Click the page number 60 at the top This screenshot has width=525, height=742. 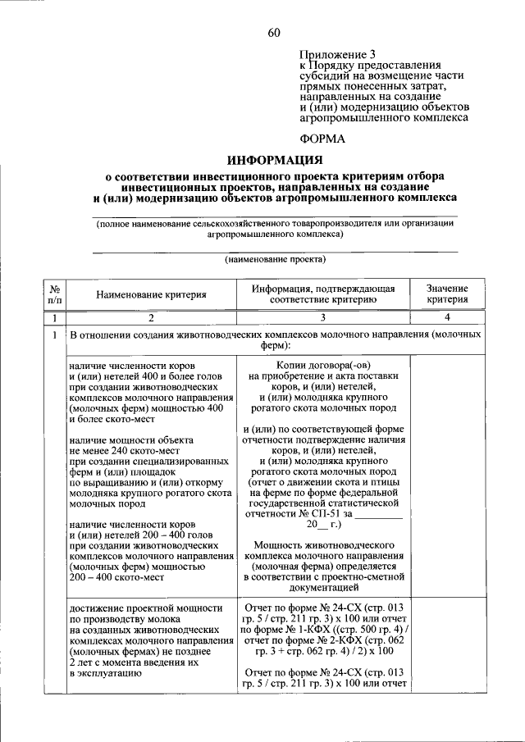click(x=274, y=32)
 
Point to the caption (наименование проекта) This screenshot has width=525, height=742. click(x=275, y=259)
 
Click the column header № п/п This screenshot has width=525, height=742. click(x=53, y=294)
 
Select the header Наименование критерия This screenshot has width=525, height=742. click(x=149, y=294)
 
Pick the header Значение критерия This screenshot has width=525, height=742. click(x=447, y=294)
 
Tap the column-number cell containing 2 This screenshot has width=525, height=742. click(x=150, y=317)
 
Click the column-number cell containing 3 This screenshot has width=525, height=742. click(x=322, y=317)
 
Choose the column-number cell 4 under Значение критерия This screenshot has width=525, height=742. click(x=447, y=317)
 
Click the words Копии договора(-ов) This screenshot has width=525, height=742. click(x=322, y=365)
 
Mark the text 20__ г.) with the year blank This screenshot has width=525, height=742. click(x=322, y=524)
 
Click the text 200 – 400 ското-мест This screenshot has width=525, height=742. click(x=117, y=577)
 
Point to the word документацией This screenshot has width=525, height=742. click(x=322, y=588)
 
